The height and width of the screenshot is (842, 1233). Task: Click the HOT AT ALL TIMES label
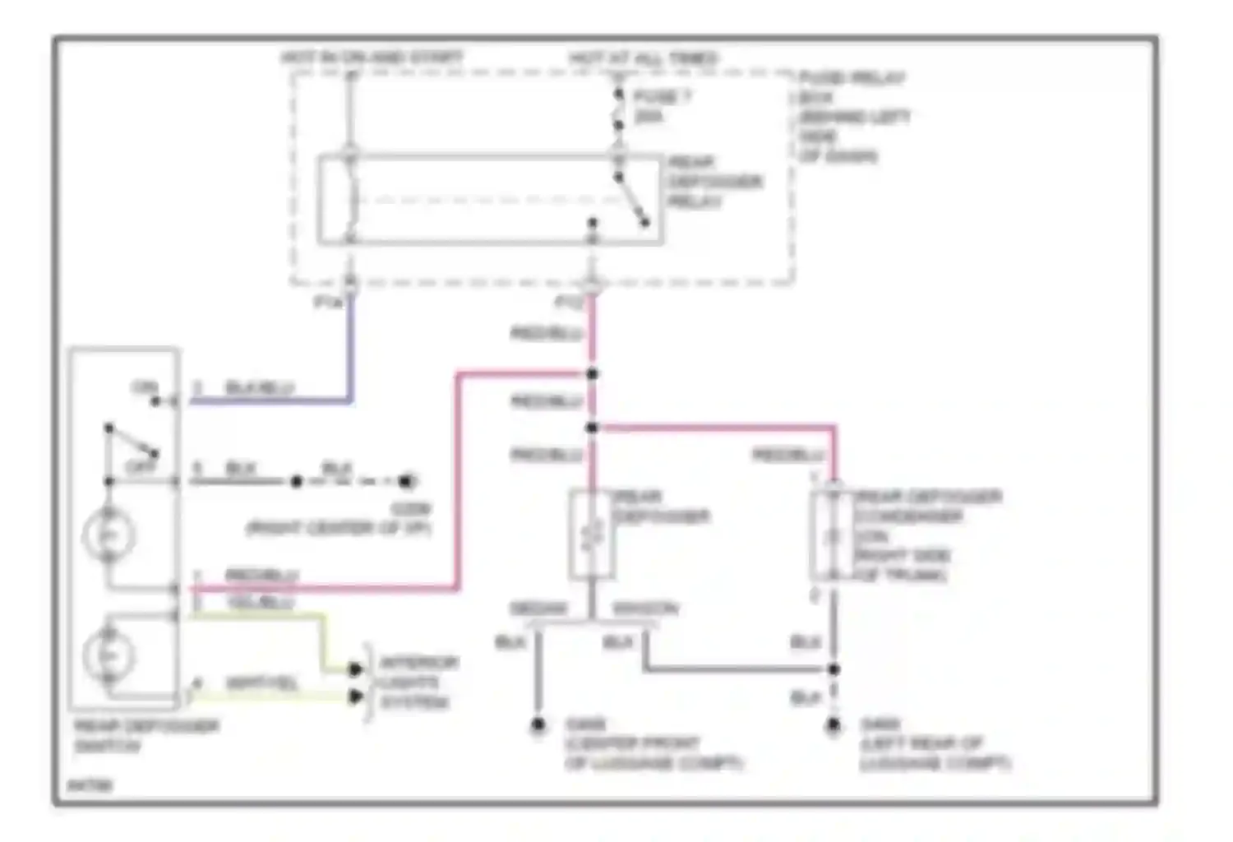point(644,58)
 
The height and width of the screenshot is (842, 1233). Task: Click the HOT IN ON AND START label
point(372,58)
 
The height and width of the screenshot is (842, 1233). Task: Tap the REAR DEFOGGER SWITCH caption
point(145,736)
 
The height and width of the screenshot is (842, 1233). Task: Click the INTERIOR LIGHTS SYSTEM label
point(418,682)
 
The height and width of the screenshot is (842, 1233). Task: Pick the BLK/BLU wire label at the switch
point(259,387)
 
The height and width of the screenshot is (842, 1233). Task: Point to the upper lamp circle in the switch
point(109,535)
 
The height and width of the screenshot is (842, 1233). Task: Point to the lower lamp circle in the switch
point(109,655)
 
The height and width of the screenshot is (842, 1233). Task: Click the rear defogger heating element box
point(592,535)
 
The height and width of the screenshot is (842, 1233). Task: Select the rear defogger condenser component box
point(832,535)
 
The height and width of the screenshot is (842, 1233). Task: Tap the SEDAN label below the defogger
point(538,609)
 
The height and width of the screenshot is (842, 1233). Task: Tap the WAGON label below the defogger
point(645,609)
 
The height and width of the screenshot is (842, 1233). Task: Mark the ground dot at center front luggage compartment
point(538,725)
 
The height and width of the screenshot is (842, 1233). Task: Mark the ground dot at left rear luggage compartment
point(834,725)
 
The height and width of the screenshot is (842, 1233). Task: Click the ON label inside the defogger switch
point(145,387)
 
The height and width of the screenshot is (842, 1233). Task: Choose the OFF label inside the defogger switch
point(140,466)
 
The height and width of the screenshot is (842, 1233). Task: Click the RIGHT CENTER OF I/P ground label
point(339,528)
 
